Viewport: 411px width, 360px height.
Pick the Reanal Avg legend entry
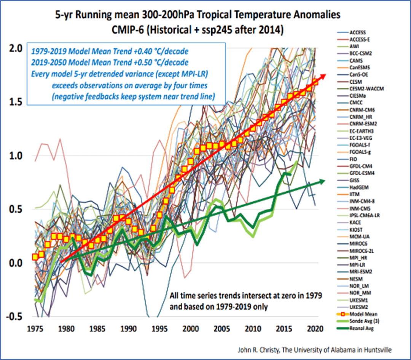coord(362,328)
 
